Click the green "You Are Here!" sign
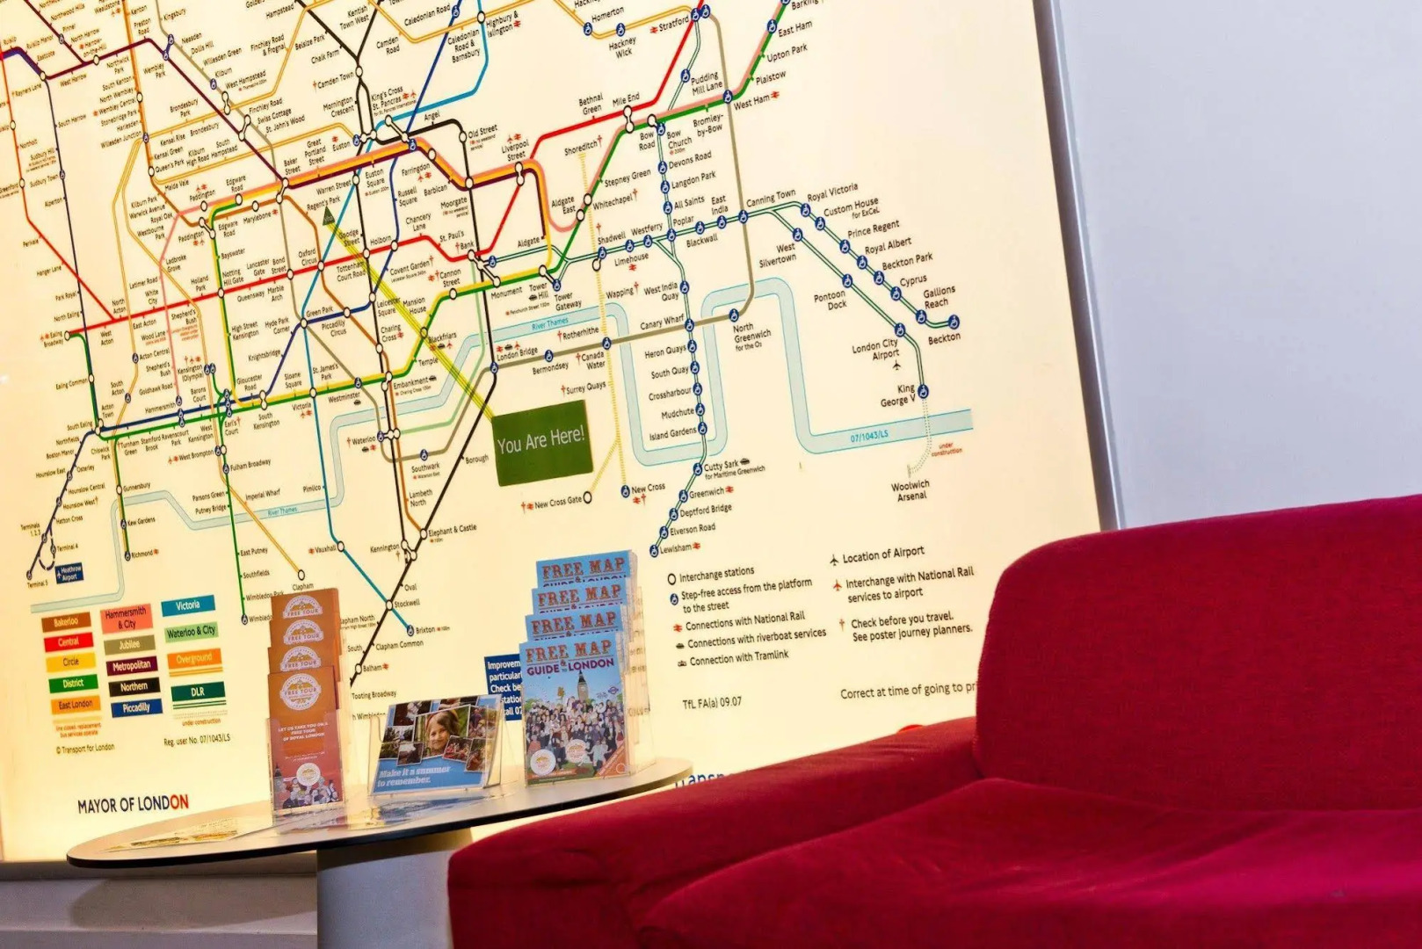541,442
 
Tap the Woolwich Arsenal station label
911,490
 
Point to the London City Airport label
875,350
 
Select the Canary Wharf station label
662,324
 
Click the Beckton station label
944,337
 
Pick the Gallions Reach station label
938,297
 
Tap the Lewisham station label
676,548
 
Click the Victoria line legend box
188,606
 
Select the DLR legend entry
197,692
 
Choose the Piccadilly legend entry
136,707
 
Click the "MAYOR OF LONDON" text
133,803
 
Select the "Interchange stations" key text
716,575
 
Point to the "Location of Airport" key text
883,554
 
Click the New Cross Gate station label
558,503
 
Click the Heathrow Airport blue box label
69,574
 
